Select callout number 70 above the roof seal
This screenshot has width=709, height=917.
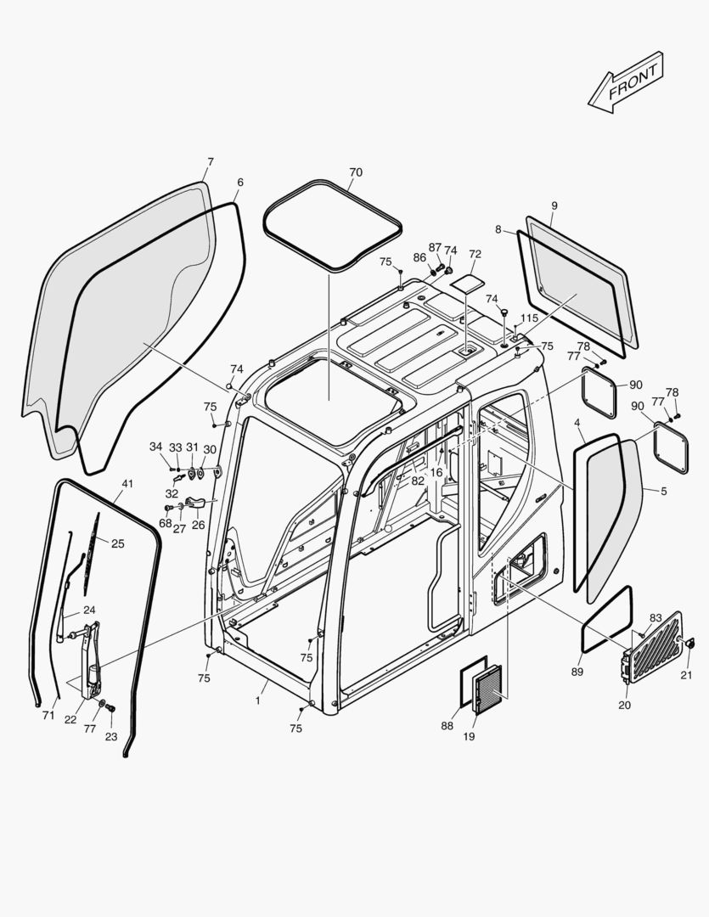point(355,172)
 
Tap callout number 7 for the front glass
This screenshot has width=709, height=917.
point(211,161)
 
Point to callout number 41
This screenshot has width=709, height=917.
point(127,484)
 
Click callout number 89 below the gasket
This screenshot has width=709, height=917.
point(578,672)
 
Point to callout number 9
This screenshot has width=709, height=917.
point(554,205)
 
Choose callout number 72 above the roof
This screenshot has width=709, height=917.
point(475,254)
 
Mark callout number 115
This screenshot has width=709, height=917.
point(529,318)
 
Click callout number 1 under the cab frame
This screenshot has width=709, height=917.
point(257,700)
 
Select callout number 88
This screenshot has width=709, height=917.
point(447,725)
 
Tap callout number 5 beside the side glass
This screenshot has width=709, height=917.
point(663,490)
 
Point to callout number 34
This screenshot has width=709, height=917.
point(155,447)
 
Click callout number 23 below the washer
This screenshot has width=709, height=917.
point(111,737)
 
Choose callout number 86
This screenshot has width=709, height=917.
point(419,257)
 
